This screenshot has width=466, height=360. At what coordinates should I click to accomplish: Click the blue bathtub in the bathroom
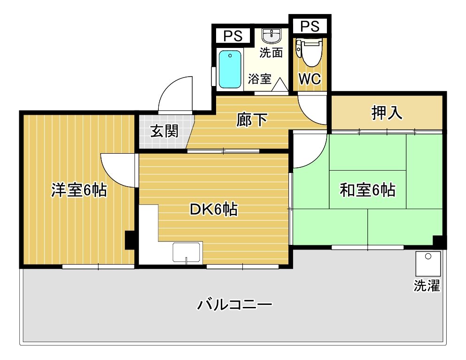pos(230,69)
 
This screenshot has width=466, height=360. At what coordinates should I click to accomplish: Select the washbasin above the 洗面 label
pos(271,36)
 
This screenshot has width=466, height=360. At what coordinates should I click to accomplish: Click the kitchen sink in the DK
pos(187,252)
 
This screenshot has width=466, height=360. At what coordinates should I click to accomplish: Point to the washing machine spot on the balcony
pos(428,264)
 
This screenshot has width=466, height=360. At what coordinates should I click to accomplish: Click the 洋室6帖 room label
pos(79,190)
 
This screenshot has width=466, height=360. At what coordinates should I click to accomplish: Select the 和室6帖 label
pos(367,190)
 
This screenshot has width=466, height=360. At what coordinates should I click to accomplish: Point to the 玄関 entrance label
pos(164,131)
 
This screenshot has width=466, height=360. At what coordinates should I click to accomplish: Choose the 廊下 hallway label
pos(252,120)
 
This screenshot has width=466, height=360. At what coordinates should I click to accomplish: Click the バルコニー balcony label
pos(234,305)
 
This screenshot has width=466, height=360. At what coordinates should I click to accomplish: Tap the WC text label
pos(310,79)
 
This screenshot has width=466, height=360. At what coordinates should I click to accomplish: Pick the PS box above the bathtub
pos(233,36)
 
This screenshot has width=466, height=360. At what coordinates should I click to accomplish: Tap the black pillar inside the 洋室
pos(130,240)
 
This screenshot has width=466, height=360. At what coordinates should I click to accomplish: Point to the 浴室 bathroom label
pos(259,78)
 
